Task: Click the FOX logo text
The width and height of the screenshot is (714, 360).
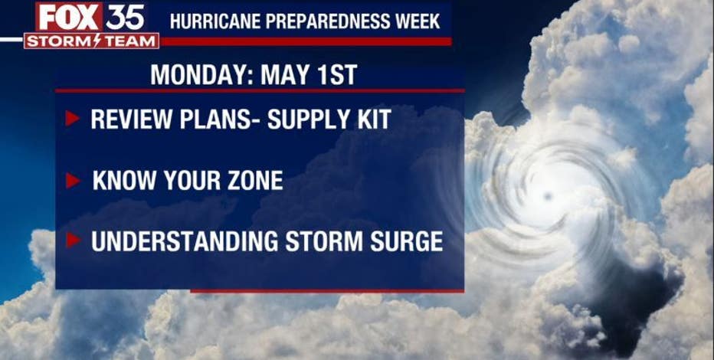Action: pyautogui.click(x=69, y=18)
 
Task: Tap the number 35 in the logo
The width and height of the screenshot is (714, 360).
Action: pyautogui.click(x=125, y=18)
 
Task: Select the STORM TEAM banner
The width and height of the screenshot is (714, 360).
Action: pyautogui.click(x=91, y=41)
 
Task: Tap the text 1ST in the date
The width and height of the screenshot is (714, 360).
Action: pyautogui.click(x=335, y=75)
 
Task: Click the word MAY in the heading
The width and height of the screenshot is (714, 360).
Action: pyautogui.click(x=283, y=75)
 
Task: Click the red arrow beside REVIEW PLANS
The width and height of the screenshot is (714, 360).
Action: pyautogui.click(x=72, y=118)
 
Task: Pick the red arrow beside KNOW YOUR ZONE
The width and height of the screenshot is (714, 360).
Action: pyautogui.click(x=73, y=181)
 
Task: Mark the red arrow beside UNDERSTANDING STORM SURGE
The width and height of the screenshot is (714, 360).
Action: pyautogui.click(x=73, y=241)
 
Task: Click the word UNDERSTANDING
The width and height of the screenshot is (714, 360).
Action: pyautogui.click(x=185, y=241)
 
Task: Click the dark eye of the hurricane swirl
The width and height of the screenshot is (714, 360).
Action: pyautogui.click(x=548, y=197)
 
